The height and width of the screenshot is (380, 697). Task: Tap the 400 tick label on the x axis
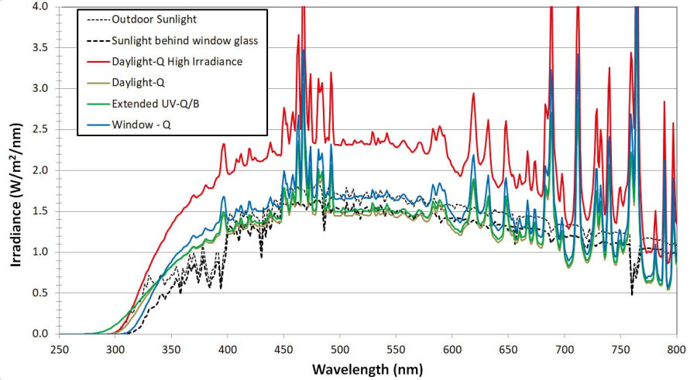228,349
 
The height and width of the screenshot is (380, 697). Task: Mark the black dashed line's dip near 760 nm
632,294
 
